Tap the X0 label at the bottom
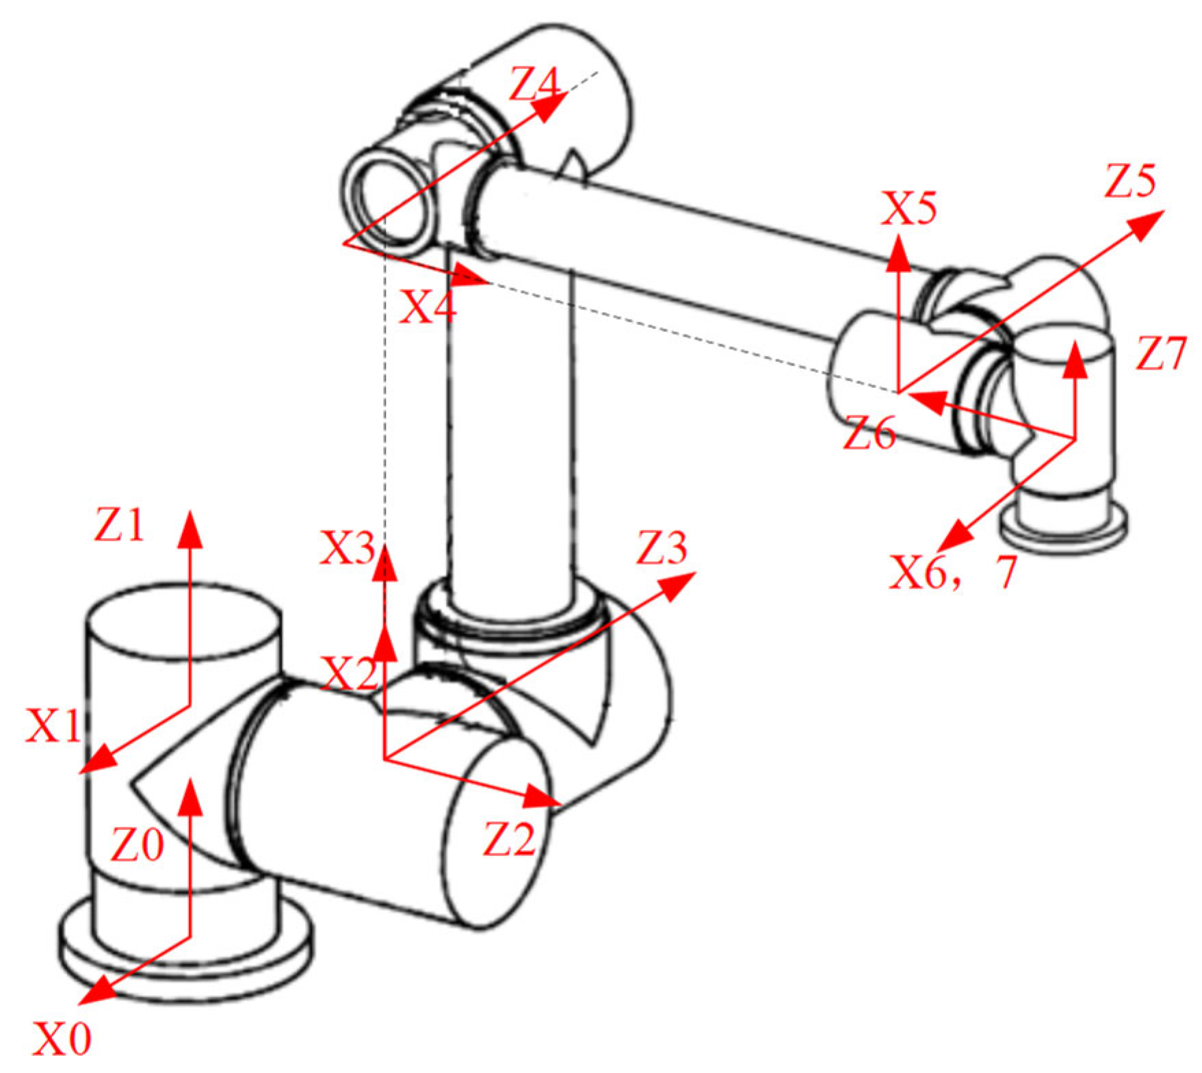[62, 1039]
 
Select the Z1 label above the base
[119, 526]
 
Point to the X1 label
[53, 725]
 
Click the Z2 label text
[509, 839]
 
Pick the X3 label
[348, 547]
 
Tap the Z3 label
[661, 547]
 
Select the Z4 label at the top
[534, 85]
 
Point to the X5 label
[908, 208]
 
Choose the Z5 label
[1130, 182]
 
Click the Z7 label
[1160, 354]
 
